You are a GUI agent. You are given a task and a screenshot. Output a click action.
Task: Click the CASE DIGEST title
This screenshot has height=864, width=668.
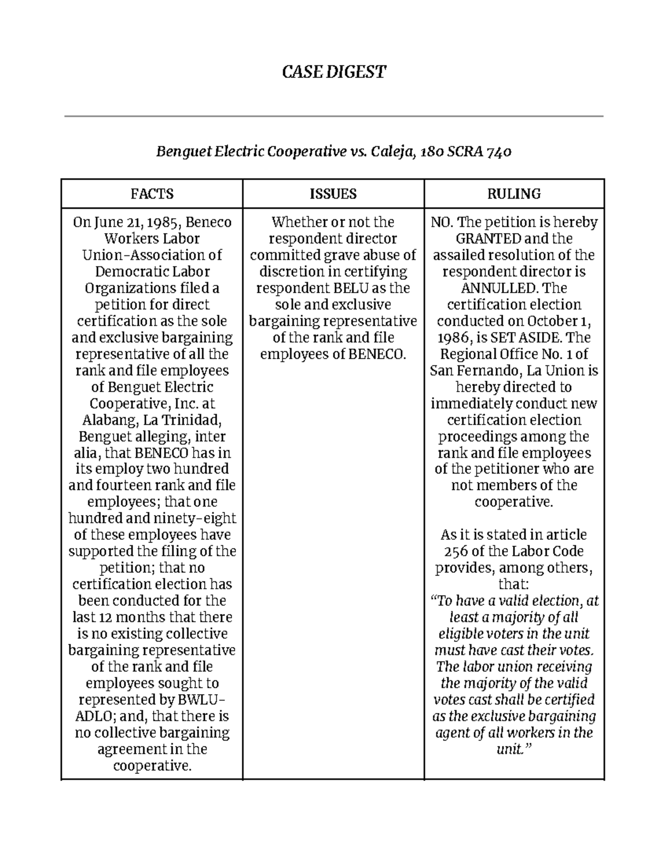333,72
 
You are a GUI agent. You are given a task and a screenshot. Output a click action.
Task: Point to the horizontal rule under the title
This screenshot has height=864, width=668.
333,116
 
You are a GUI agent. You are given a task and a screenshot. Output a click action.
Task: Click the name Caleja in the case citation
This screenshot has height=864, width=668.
390,151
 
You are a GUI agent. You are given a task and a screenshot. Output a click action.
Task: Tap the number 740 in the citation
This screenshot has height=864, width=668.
498,151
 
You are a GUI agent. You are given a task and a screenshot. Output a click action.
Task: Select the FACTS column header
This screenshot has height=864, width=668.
152,194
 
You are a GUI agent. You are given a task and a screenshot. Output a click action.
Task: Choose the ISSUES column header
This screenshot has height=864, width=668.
333,194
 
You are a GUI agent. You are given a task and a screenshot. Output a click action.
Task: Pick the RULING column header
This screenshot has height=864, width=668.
514,194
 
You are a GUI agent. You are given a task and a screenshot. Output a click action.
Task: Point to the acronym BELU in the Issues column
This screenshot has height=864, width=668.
351,288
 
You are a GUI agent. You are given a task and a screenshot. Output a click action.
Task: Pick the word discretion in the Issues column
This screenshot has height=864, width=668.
292,272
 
